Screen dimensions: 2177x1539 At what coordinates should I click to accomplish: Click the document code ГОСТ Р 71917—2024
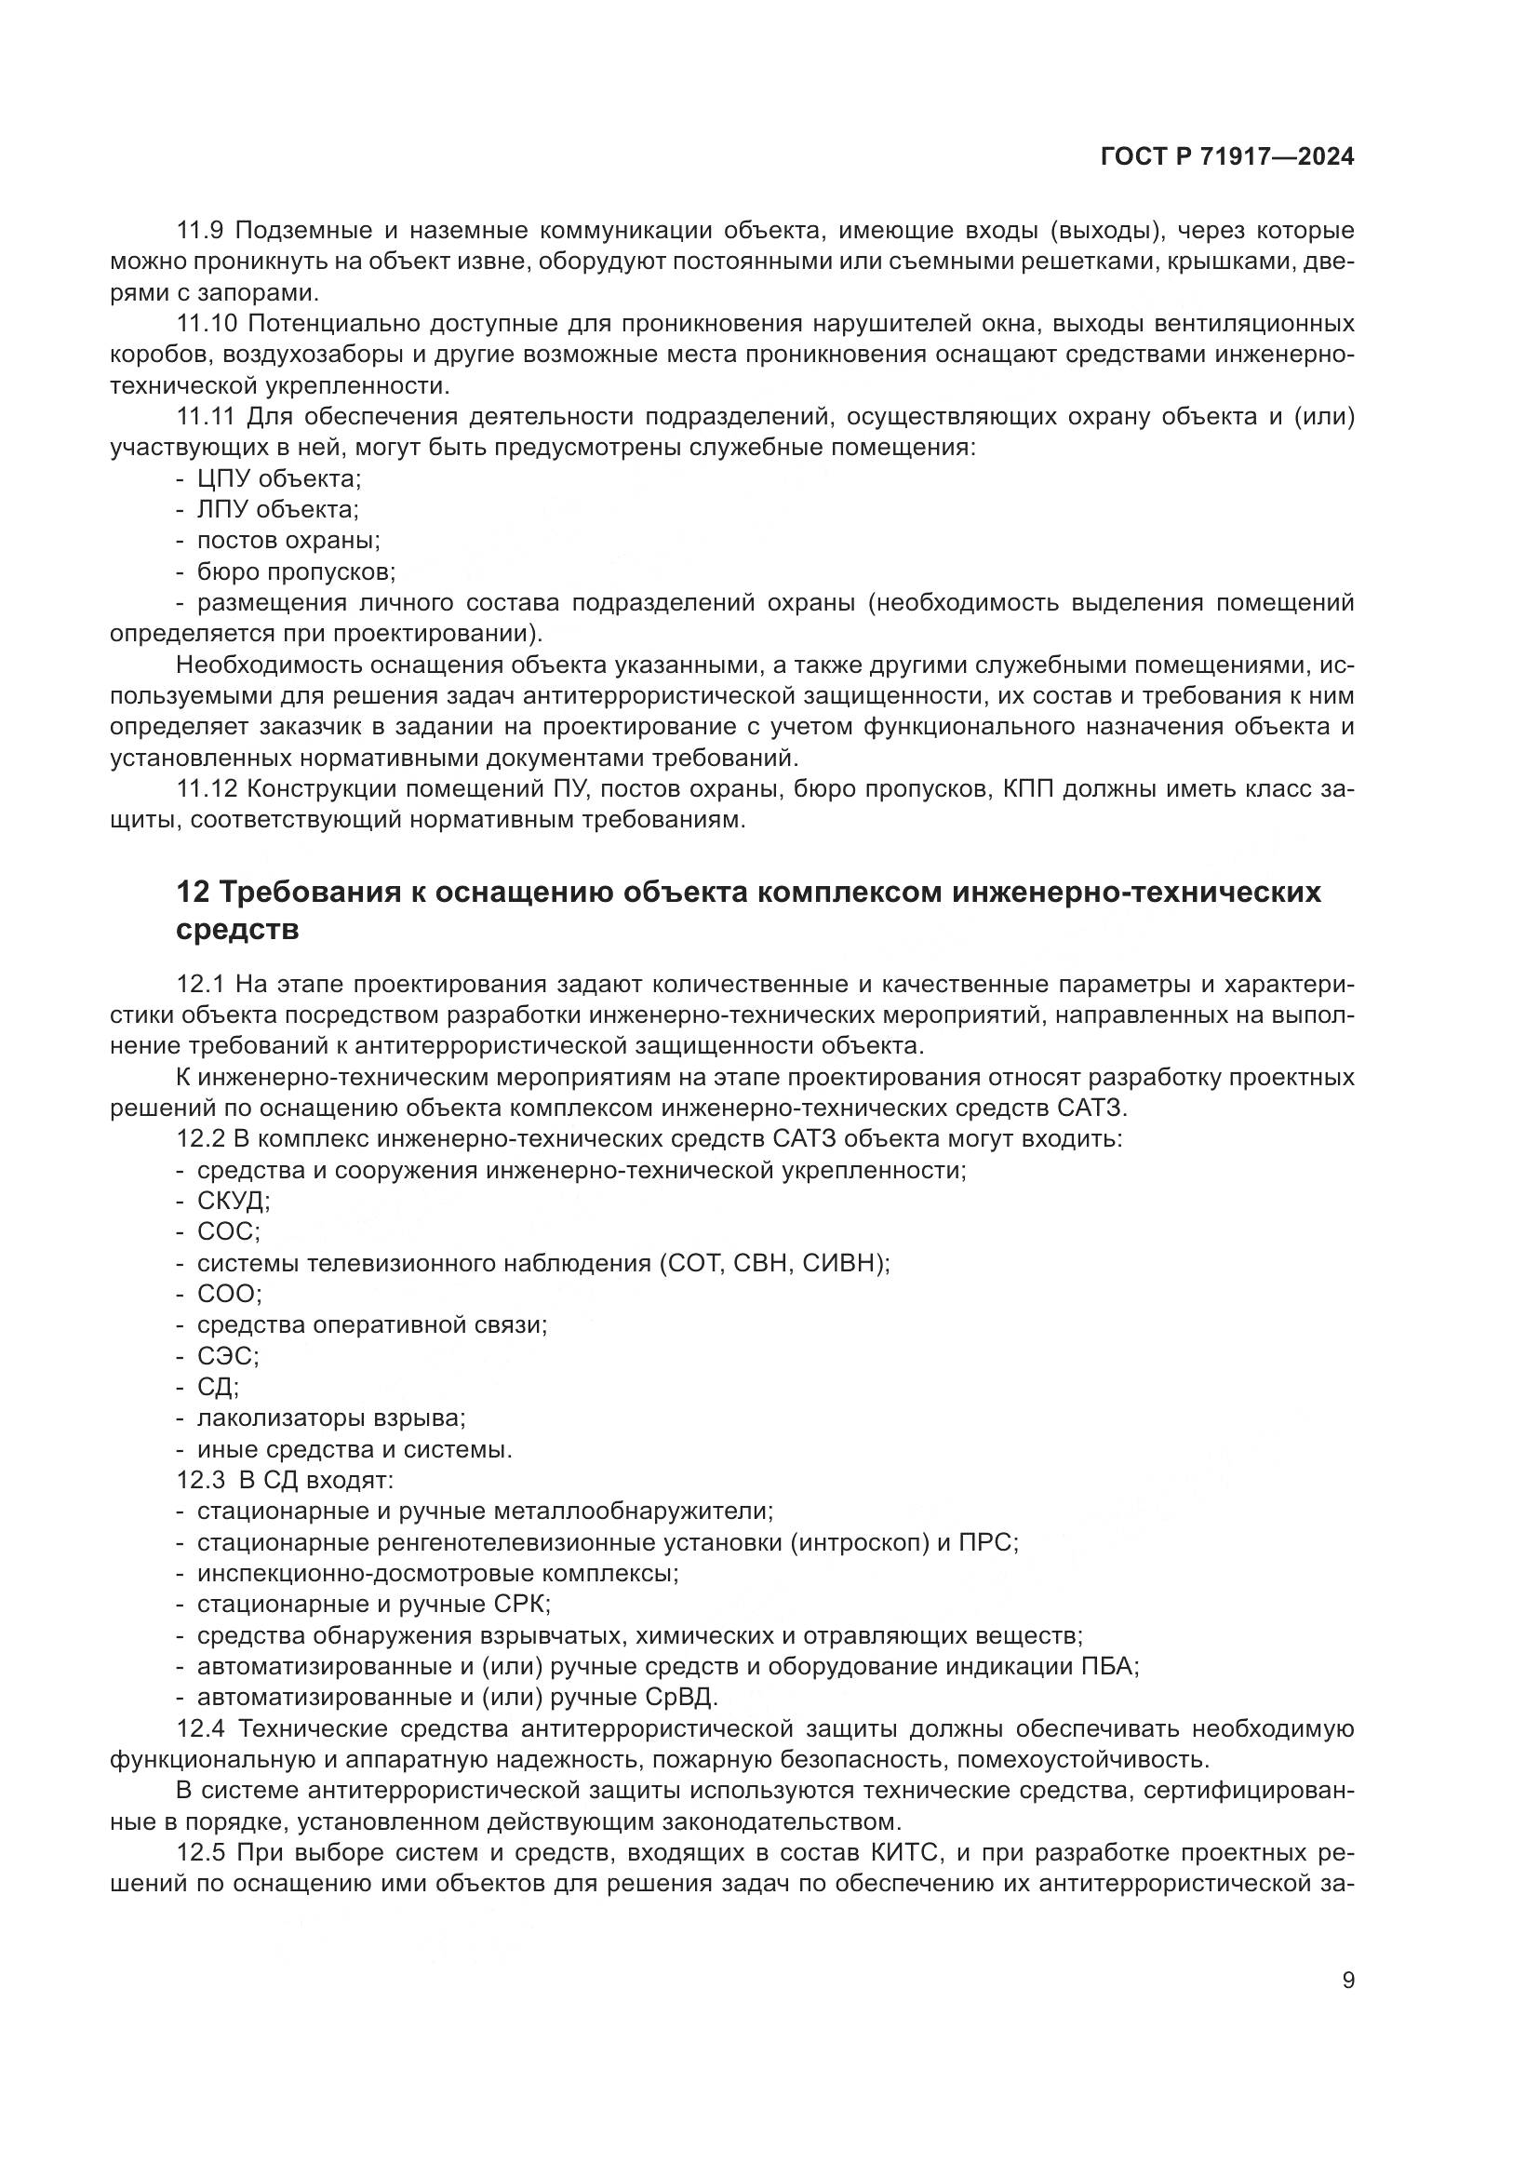pos(1227,157)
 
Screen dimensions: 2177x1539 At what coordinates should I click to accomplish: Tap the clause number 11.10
pos(207,323)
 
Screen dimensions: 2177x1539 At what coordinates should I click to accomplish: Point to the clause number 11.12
pos(207,789)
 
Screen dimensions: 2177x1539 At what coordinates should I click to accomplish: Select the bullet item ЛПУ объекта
pos(277,510)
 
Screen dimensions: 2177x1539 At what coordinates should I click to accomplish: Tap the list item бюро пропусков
pos(296,571)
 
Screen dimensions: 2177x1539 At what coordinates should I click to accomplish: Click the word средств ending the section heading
pos(237,929)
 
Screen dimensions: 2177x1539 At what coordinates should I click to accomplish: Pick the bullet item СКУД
pos(234,1201)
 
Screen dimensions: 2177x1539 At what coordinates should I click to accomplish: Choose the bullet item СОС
pos(228,1231)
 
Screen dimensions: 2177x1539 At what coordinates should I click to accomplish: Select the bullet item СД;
pos(218,1387)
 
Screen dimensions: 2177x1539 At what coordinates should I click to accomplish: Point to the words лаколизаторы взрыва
pos(329,1418)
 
